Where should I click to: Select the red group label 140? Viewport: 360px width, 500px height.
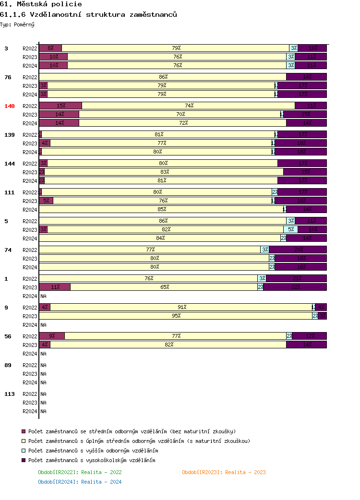click(x=10, y=106)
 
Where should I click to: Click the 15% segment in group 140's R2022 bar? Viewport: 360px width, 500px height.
click(x=60, y=106)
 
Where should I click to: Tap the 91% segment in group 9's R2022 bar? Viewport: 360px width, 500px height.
click(x=181, y=307)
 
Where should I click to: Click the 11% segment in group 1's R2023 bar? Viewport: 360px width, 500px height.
click(x=55, y=287)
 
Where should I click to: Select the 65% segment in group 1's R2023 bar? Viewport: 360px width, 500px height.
click(x=164, y=287)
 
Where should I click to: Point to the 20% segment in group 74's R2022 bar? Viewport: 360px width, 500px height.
click(x=298, y=250)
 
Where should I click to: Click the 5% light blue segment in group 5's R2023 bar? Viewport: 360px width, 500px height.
click(x=290, y=229)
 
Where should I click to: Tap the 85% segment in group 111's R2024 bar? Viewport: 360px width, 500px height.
click(x=162, y=209)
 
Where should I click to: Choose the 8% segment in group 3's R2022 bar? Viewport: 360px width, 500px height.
click(x=50, y=48)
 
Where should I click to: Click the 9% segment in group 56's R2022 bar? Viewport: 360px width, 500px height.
click(x=52, y=336)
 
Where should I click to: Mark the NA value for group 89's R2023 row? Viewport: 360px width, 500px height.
click(x=43, y=374)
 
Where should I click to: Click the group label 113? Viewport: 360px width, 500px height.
click(x=10, y=394)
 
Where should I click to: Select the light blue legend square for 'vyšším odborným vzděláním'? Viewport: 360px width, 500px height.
click(x=24, y=451)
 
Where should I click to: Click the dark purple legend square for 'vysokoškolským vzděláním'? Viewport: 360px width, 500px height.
click(x=24, y=460)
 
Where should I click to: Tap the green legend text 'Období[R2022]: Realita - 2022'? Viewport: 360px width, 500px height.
click(x=80, y=472)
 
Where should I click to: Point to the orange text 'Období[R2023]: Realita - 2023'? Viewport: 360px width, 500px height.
click(x=224, y=472)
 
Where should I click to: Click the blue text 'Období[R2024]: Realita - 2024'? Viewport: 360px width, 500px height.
click(x=80, y=482)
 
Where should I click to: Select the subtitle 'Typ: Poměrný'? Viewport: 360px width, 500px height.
click(x=17, y=24)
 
